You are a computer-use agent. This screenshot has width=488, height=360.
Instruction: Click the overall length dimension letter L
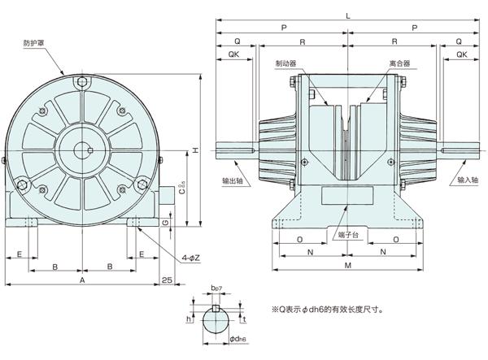(348, 16)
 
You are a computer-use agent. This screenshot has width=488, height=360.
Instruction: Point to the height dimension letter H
(195, 150)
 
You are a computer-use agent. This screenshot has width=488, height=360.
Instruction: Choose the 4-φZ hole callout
(190, 258)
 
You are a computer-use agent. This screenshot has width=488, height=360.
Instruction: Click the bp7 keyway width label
(216, 288)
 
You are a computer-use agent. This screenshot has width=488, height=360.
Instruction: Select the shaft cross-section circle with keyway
(216, 323)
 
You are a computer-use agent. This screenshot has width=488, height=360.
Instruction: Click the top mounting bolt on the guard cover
(85, 81)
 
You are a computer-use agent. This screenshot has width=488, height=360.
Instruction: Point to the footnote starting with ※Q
(320, 310)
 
